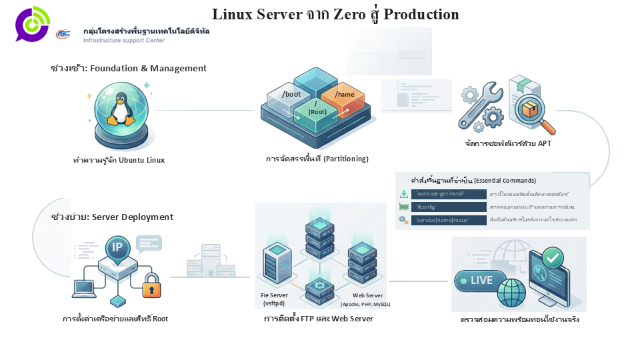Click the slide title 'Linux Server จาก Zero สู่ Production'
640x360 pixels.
pyautogui.click(x=335, y=14)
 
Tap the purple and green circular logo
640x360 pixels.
pyautogui.click(x=32, y=24)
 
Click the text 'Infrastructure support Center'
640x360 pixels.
pyautogui.click(x=124, y=41)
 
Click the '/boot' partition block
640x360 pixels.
pyautogui.click(x=291, y=95)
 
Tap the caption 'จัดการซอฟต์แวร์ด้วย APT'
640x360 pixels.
pyautogui.click(x=508, y=143)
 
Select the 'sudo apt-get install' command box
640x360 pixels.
pyautogui.click(x=449, y=194)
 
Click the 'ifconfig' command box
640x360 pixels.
pyautogui.click(x=449, y=207)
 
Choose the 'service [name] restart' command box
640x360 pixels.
pyautogui.click(x=449, y=220)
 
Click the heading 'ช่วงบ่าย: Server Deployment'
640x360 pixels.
pyautogui.click(x=112, y=217)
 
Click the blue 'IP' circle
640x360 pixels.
pyautogui.click(x=117, y=248)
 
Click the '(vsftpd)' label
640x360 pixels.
pyautogui.click(x=274, y=303)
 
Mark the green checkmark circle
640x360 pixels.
pyautogui.click(x=552, y=257)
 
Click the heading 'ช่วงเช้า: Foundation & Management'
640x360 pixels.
pyautogui.click(x=129, y=69)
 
